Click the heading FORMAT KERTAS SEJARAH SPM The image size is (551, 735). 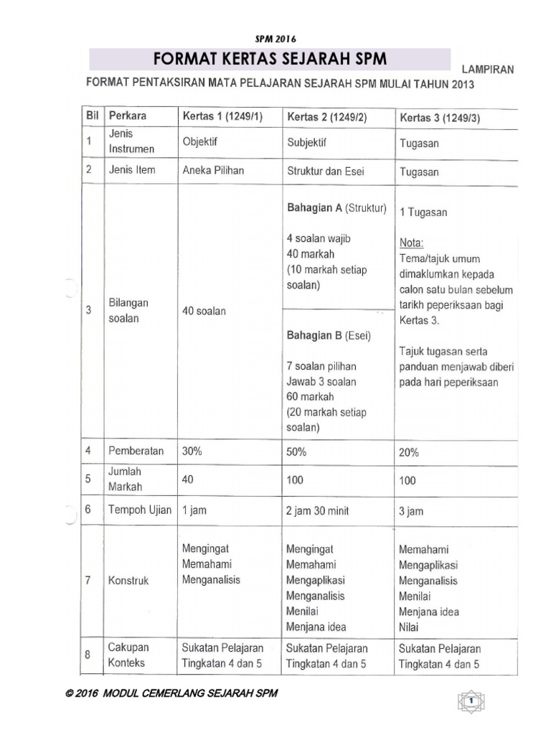[269, 59]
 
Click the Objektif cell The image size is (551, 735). [200, 142]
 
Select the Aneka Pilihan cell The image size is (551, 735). [214, 170]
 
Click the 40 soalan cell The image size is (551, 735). [204, 311]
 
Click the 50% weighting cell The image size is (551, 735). [296, 452]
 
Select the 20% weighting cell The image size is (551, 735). [409, 453]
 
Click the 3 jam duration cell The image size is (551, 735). [411, 511]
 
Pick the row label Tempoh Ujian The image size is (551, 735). [139, 510]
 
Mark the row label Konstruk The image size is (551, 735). [128, 580]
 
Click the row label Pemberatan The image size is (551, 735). [136, 451]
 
